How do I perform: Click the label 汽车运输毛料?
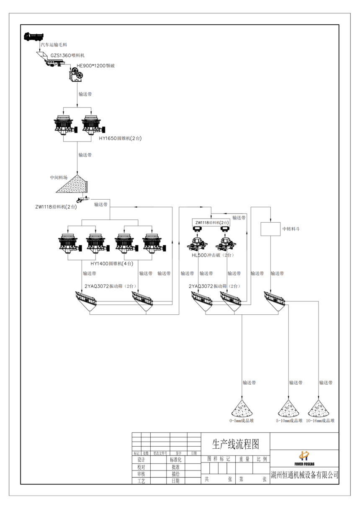[53, 44]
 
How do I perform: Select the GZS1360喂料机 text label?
[68, 55]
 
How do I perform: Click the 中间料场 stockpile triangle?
[71, 184]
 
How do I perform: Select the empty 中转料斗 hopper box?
[270, 229]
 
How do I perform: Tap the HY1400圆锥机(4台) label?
[112, 264]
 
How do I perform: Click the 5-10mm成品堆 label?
[289, 421]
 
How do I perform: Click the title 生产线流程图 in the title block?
[236, 443]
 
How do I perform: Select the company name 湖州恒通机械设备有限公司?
[304, 475]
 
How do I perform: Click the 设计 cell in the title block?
[141, 460]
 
